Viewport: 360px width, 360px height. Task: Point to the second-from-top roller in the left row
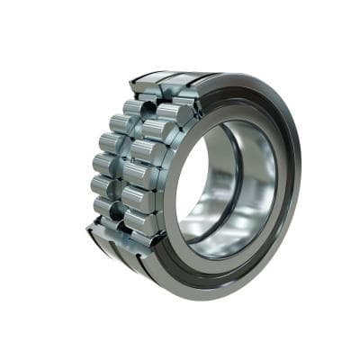(112, 142)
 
